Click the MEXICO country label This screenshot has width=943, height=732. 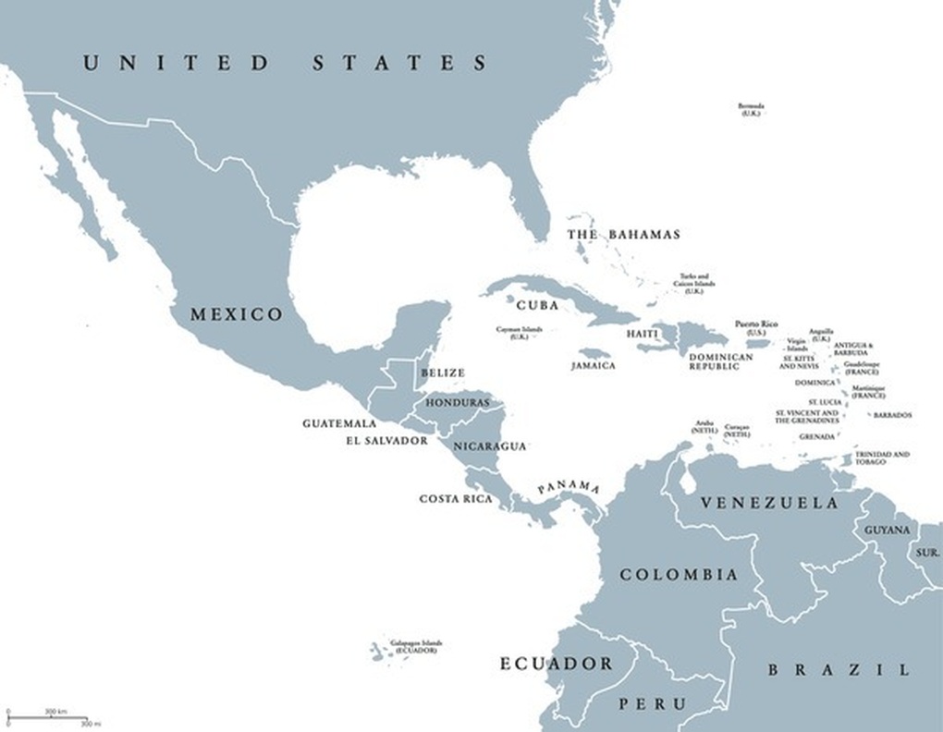pos(236,315)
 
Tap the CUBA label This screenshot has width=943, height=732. pos(537,305)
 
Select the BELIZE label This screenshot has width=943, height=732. pos(443,373)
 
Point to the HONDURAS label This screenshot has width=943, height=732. pos(458,403)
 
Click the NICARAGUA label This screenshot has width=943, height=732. pos(489,446)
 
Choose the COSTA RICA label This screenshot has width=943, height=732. pos(456,499)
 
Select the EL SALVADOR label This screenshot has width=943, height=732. pos(386,441)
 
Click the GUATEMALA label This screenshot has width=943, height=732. pos(339,424)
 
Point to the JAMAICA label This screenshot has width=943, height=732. pos(594,366)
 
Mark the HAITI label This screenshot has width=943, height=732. pos(642,334)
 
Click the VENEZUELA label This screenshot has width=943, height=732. pos(769,504)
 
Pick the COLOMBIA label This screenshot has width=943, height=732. pos(679,575)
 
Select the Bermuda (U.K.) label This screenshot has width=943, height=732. pos(750,109)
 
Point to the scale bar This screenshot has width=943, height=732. pos(47,717)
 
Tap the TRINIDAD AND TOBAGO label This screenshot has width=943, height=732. pos(881,458)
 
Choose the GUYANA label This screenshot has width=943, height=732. pos(887,531)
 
